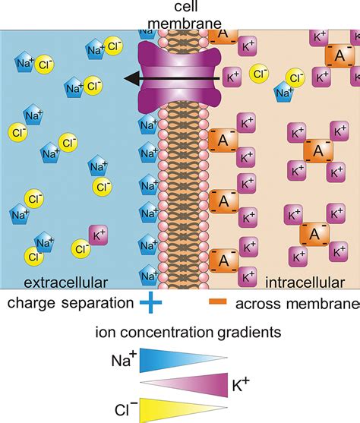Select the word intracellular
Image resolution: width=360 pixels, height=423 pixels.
(305, 283)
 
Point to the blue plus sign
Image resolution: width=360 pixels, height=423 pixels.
(153, 305)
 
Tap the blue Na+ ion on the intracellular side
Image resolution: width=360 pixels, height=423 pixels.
(286, 92)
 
